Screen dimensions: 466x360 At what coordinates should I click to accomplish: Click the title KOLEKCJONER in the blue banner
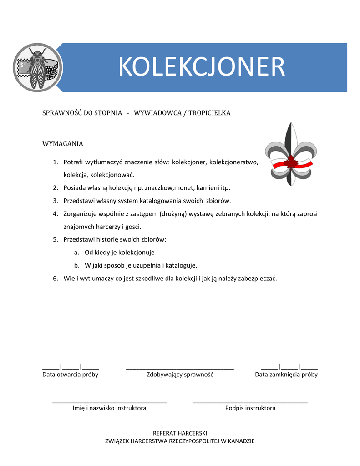(x=202, y=67)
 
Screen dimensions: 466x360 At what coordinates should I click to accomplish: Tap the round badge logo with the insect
(x=38, y=68)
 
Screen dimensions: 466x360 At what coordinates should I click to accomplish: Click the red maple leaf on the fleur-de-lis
(x=291, y=162)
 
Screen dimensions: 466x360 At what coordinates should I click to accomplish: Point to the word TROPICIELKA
(x=209, y=113)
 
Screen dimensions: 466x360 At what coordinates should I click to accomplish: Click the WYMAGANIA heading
(x=63, y=144)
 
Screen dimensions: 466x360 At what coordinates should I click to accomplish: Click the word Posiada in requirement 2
(x=75, y=187)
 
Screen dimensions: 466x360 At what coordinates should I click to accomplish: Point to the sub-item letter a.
(x=77, y=252)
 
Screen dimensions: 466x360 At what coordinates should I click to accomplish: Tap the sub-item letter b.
(x=77, y=265)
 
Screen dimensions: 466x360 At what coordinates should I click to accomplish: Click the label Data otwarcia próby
(x=71, y=375)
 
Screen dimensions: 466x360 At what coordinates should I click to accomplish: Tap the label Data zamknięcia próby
(x=286, y=375)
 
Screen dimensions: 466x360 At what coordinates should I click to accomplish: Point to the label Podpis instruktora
(x=250, y=408)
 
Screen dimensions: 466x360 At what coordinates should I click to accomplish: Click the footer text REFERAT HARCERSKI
(x=180, y=433)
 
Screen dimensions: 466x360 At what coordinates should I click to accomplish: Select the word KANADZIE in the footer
(x=241, y=441)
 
